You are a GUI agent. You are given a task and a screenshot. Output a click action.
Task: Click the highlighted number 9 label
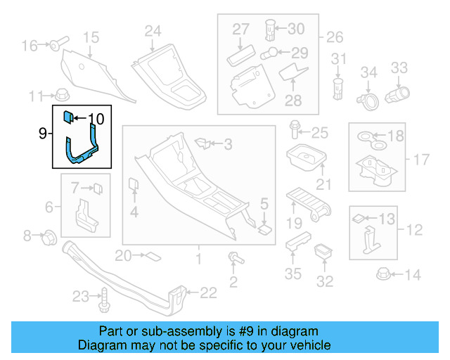pyautogui.click(x=42, y=132)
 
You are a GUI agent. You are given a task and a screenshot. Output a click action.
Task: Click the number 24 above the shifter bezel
pyautogui.click(x=153, y=31)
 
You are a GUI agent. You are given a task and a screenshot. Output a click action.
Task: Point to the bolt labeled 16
pyautogui.click(x=56, y=46)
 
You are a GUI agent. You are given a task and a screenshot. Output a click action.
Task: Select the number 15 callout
pyautogui.click(x=91, y=37)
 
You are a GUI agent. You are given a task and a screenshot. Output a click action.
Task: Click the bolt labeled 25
pyautogui.click(x=294, y=131)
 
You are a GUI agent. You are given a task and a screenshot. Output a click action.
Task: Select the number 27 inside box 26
pyautogui.click(x=241, y=29)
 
